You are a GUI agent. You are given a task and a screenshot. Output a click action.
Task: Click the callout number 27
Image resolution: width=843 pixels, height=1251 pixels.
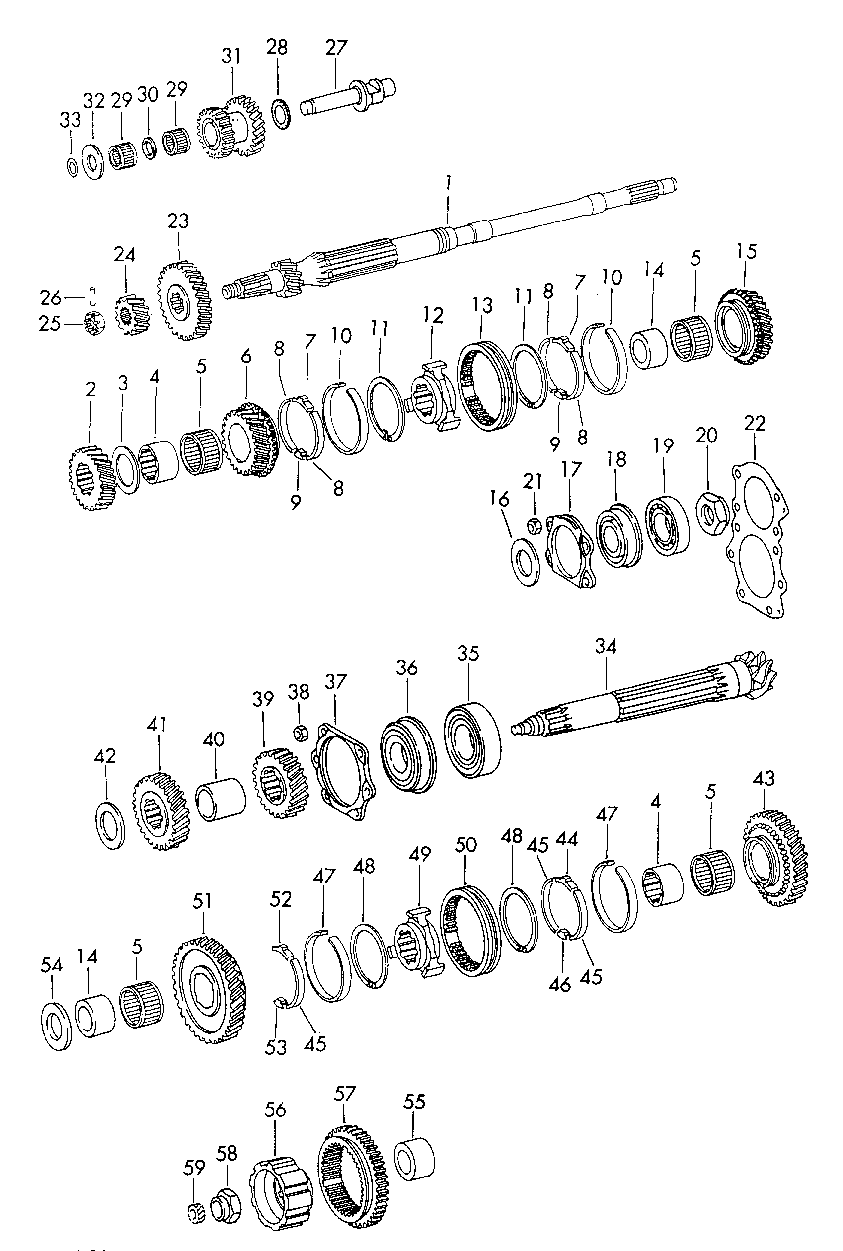337,48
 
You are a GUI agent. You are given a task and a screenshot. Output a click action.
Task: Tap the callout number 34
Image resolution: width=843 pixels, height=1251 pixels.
606,647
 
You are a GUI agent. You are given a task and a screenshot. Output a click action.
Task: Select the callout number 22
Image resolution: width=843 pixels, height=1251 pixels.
754,424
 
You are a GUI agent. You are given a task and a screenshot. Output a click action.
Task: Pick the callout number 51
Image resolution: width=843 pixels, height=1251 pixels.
202,901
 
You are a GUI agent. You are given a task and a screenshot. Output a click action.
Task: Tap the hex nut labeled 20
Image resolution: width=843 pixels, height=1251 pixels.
712,516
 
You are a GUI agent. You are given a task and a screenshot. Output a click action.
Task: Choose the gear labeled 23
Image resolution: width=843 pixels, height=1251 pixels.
185,301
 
